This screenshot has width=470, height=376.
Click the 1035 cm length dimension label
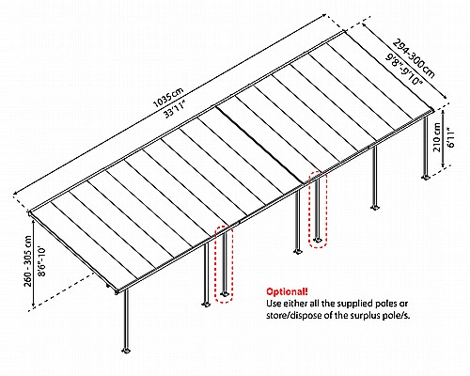(167, 98)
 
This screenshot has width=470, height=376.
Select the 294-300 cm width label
(414, 58)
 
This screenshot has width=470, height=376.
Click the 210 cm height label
(437, 137)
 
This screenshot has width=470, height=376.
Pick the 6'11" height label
(451, 137)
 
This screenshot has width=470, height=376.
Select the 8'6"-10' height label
(41, 261)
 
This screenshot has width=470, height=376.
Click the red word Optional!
(287, 291)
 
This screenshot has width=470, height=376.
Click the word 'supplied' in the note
(342, 304)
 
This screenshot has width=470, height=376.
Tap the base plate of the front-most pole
(126, 350)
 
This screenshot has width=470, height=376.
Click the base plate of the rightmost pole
(426, 178)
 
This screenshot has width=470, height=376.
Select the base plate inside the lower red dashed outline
(225, 294)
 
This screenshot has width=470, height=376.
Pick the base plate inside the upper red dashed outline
(318, 240)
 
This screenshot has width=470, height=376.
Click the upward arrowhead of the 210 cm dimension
(443, 112)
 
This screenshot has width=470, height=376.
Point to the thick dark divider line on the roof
(261, 145)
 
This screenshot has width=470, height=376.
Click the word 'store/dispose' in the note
(290, 315)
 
